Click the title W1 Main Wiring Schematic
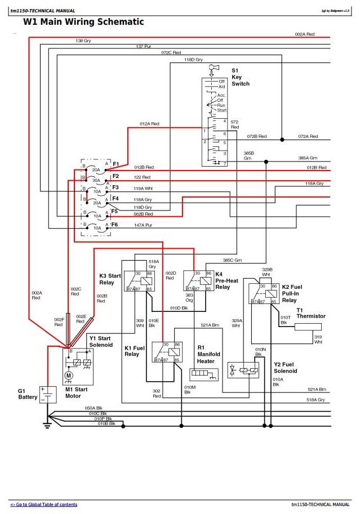(83, 22)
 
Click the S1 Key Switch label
(240, 77)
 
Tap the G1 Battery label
(28, 394)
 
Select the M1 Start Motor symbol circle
(69, 375)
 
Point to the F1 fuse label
(115, 164)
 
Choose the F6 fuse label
(115, 224)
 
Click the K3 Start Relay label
(110, 279)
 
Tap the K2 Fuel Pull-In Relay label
(293, 293)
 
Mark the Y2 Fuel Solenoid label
(285, 368)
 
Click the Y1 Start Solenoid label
(101, 341)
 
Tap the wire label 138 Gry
(83, 41)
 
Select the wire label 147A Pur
(143, 225)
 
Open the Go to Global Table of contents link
(44, 504)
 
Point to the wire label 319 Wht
(318, 339)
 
